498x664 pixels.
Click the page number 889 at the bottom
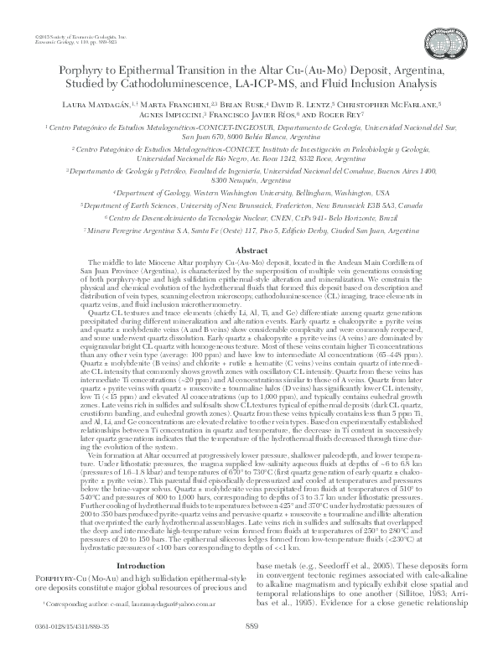click(x=250, y=648)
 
